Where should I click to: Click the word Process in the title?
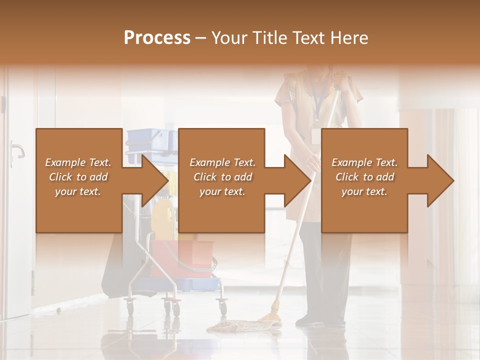(157, 37)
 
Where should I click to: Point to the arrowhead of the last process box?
(439, 180)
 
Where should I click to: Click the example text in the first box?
(78, 177)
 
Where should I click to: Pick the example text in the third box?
(364, 177)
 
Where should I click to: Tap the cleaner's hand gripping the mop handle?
(313, 161)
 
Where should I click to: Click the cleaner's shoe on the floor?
(310, 322)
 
